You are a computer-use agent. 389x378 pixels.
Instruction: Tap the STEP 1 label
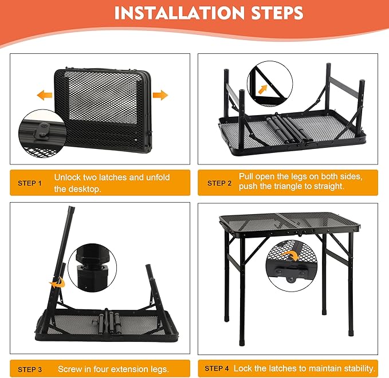click(30, 183)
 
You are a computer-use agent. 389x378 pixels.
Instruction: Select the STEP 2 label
click(219, 183)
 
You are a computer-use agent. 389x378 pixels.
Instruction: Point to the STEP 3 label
click(30, 369)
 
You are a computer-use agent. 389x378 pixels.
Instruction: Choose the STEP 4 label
click(217, 368)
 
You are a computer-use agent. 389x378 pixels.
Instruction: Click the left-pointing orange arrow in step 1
click(45, 95)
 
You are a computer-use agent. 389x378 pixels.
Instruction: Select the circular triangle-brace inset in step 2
click(269, 85)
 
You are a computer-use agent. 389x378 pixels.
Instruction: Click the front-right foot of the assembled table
click(351, 331)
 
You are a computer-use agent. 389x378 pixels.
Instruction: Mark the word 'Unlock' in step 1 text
click(68, 178)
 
